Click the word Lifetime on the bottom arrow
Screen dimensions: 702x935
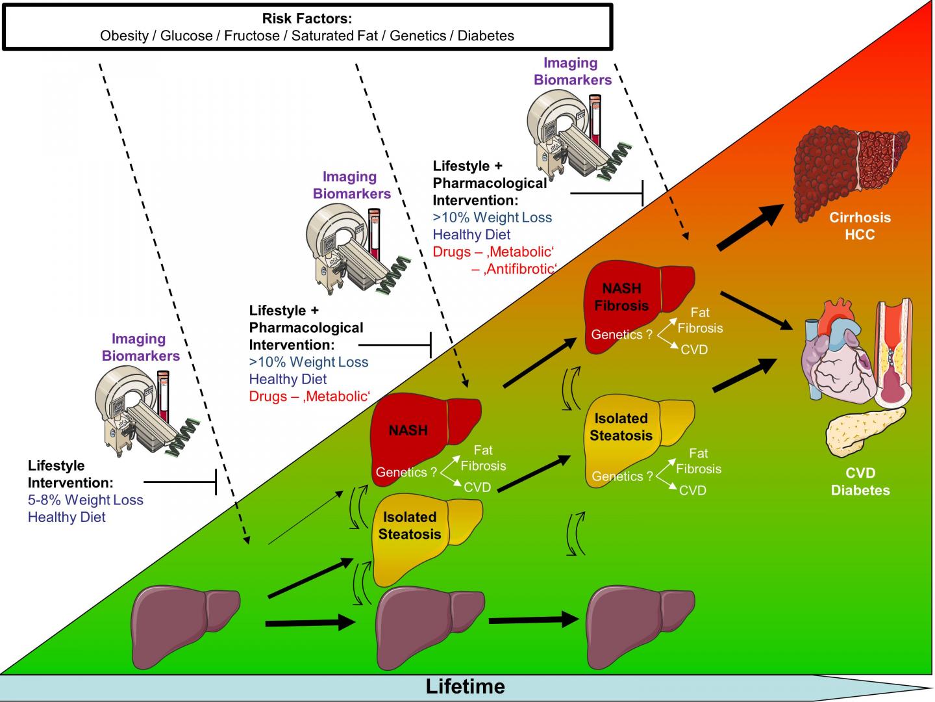[465, 686]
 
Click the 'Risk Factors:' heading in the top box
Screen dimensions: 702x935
[306, 19]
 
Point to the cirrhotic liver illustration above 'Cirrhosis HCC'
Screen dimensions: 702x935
[851, 166]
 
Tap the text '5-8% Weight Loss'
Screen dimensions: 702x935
[85, 500]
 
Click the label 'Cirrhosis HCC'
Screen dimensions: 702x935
[860, 226]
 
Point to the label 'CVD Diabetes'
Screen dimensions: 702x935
[860, 482]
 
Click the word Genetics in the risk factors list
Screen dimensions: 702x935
[418, 36]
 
